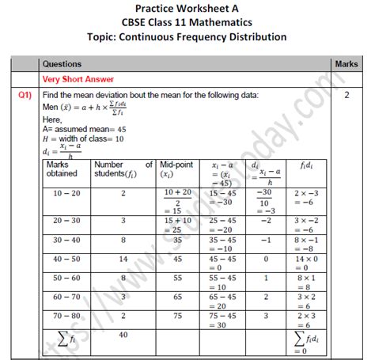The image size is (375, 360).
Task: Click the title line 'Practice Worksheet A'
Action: [188, 9]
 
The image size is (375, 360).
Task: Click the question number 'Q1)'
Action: [26, 95]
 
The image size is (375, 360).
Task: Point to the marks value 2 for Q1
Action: [347, 95]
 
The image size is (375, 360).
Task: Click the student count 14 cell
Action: [123, 258]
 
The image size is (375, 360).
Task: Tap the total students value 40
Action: [123, 335]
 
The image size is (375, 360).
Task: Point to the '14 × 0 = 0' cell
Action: [304, 262]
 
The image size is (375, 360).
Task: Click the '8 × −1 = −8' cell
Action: [304, 243]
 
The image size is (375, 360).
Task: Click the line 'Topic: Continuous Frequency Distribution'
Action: [188, 37]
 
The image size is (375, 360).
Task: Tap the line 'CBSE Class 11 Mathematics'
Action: [188, 23]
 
